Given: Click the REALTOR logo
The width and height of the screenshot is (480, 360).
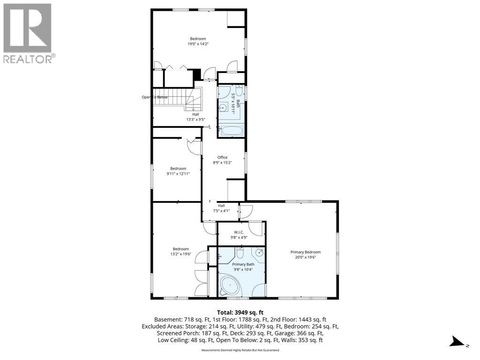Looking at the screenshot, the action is pos(28,33).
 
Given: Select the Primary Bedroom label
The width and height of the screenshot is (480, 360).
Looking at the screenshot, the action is pos(306,252).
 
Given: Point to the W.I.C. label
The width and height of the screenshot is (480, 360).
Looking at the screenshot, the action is pos(239,232).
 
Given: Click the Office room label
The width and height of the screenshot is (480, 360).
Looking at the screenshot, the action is pos(222,157).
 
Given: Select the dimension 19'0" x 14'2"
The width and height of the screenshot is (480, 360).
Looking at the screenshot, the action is pos(198,44).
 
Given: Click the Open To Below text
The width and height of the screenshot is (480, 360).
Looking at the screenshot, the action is pos(155,97).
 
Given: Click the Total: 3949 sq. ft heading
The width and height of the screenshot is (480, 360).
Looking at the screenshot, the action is pos(240,313).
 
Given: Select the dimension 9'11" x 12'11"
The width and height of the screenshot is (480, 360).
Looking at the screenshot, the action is pos(178,173).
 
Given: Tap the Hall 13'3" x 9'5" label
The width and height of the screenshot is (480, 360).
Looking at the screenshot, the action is pos(195,117).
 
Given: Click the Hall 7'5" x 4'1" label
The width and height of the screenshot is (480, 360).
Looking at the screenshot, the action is pos(221,208).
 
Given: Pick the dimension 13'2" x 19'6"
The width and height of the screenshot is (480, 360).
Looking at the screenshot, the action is pos(180,254).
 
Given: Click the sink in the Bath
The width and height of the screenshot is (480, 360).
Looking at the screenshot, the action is pos(223,108).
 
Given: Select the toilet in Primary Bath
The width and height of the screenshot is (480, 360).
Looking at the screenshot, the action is pos(240,253).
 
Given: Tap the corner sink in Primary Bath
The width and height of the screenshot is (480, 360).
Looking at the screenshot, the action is pos(259,252).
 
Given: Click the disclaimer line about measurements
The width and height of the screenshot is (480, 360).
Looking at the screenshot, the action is pos(240,350).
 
